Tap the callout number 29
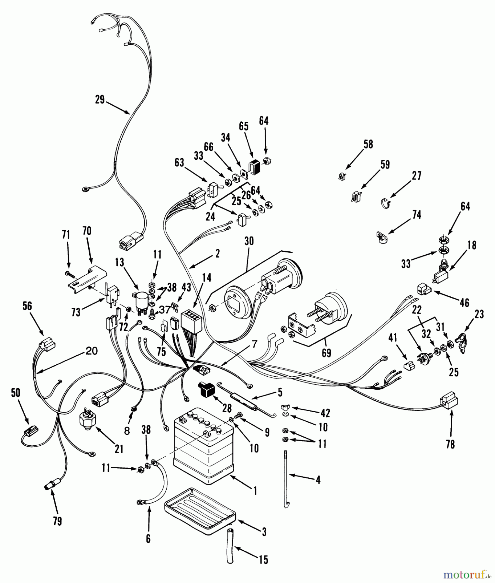(x=100, y=99)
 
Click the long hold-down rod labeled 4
(x=286, y=476)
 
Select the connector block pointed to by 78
(x=449, y=403)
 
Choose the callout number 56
(x=27, y=306)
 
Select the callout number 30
(x=249, y=241)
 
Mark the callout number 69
(x=326, y=353)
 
